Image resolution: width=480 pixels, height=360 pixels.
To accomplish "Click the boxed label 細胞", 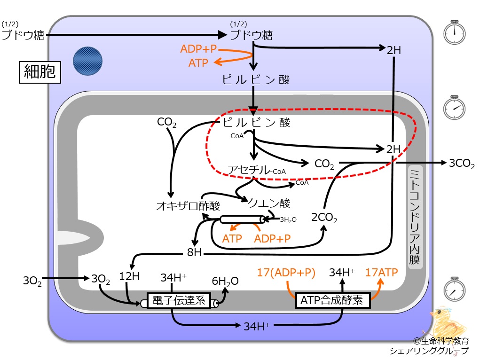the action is point(40,72).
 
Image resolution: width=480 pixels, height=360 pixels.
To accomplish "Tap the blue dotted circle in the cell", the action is point(87,61).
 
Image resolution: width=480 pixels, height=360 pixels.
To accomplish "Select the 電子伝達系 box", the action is point(179,301).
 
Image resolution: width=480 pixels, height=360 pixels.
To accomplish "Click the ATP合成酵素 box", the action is point(333,300).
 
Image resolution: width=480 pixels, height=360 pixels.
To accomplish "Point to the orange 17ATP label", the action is point(381,272).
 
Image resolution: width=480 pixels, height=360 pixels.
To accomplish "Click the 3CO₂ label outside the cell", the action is point(462,164).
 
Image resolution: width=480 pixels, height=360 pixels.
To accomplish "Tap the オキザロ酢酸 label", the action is point(188,206).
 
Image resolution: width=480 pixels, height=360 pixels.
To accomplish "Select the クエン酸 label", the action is point(269,203).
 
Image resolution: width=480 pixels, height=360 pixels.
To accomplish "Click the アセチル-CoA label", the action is point(257,170).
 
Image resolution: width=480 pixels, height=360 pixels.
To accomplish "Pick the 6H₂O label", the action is point(225,281).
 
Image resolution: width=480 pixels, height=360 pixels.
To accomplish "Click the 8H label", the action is point(194,252).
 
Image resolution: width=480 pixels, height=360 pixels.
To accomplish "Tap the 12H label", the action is point(129,276).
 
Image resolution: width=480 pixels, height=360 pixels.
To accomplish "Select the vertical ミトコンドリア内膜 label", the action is point(415,217).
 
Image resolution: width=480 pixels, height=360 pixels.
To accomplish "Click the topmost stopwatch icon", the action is point(455,32).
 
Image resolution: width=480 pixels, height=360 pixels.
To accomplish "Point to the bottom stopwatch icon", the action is point(455,290).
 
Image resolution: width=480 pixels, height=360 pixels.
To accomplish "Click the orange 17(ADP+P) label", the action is point(286,273).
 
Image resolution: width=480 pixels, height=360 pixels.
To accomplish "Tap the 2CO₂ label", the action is point(324,218).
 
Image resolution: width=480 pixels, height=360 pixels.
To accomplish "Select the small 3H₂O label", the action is point(288,219).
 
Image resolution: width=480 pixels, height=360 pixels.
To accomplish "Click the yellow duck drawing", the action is point(447,321).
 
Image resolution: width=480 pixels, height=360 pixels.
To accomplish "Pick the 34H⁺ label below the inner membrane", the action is point(257,326).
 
